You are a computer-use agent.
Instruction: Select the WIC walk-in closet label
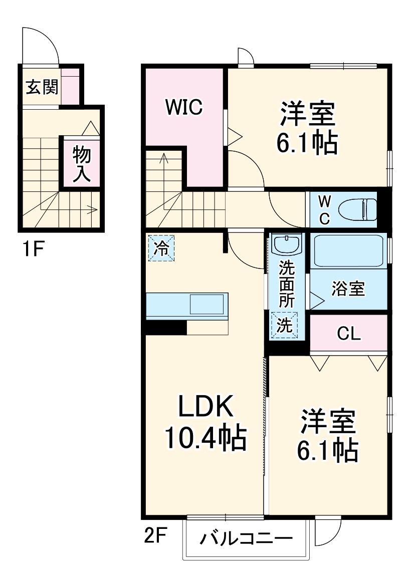184,107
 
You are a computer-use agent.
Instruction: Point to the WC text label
325,209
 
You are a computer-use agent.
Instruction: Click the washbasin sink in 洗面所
287,245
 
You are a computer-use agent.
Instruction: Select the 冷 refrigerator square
161,248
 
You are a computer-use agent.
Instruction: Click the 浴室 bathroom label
348,288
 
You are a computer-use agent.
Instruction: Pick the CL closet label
348,334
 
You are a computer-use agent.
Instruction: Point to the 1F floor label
31,249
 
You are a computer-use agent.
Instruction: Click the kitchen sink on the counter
206,304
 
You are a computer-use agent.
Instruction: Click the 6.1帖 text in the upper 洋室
306,144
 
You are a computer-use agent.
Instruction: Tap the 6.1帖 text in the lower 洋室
328,451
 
